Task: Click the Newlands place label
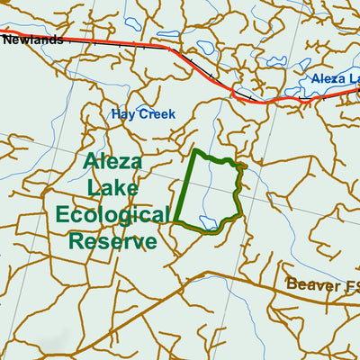32,40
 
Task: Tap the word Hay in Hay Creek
122,114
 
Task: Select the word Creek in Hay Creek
157,114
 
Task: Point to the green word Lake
113,188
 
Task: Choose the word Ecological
112,215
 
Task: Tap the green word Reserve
112,241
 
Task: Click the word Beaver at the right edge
310,284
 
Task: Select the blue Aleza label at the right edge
332,79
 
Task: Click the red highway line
108,42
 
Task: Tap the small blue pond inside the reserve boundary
208,220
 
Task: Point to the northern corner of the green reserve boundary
195,150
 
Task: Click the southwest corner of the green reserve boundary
174,221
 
